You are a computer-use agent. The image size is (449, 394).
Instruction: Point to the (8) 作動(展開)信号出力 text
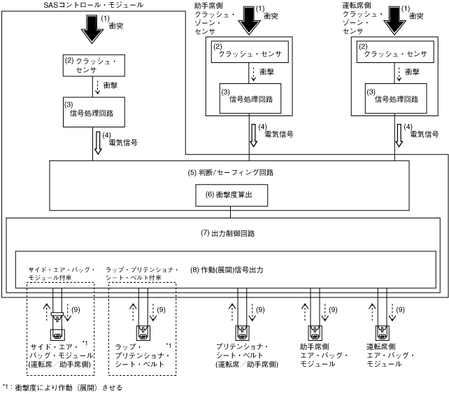pyautogui.click(x=227, y=269)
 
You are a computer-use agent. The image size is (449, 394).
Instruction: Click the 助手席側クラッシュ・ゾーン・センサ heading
pyautogui.click(x=213, y=19)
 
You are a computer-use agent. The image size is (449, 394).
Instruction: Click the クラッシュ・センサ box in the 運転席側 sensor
pyautogui.click(x=397, y=53)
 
